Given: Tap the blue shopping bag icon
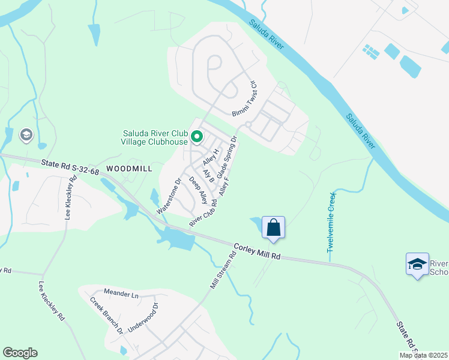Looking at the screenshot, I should pyautogui.click(x=273, y=228).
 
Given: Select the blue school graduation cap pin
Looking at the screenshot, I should pyautogui.click(x=417, y=264).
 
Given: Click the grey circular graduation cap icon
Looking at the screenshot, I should pyautogui.click(x=26, y=135).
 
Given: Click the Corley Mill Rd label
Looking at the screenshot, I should pyautogui.click(x=257, y=251).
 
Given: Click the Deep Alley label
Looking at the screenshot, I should pyautogui.click(x=198, y=190).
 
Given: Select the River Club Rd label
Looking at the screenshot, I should pyautogui.click(x=203, y=212).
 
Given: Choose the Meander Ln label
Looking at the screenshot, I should pyautogui.click(x=121, y=293).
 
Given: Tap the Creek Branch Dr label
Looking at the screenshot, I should pyautogui.click(x=107, y=314).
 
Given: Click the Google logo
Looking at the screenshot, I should pyautogui.click(x=20, y=353).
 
